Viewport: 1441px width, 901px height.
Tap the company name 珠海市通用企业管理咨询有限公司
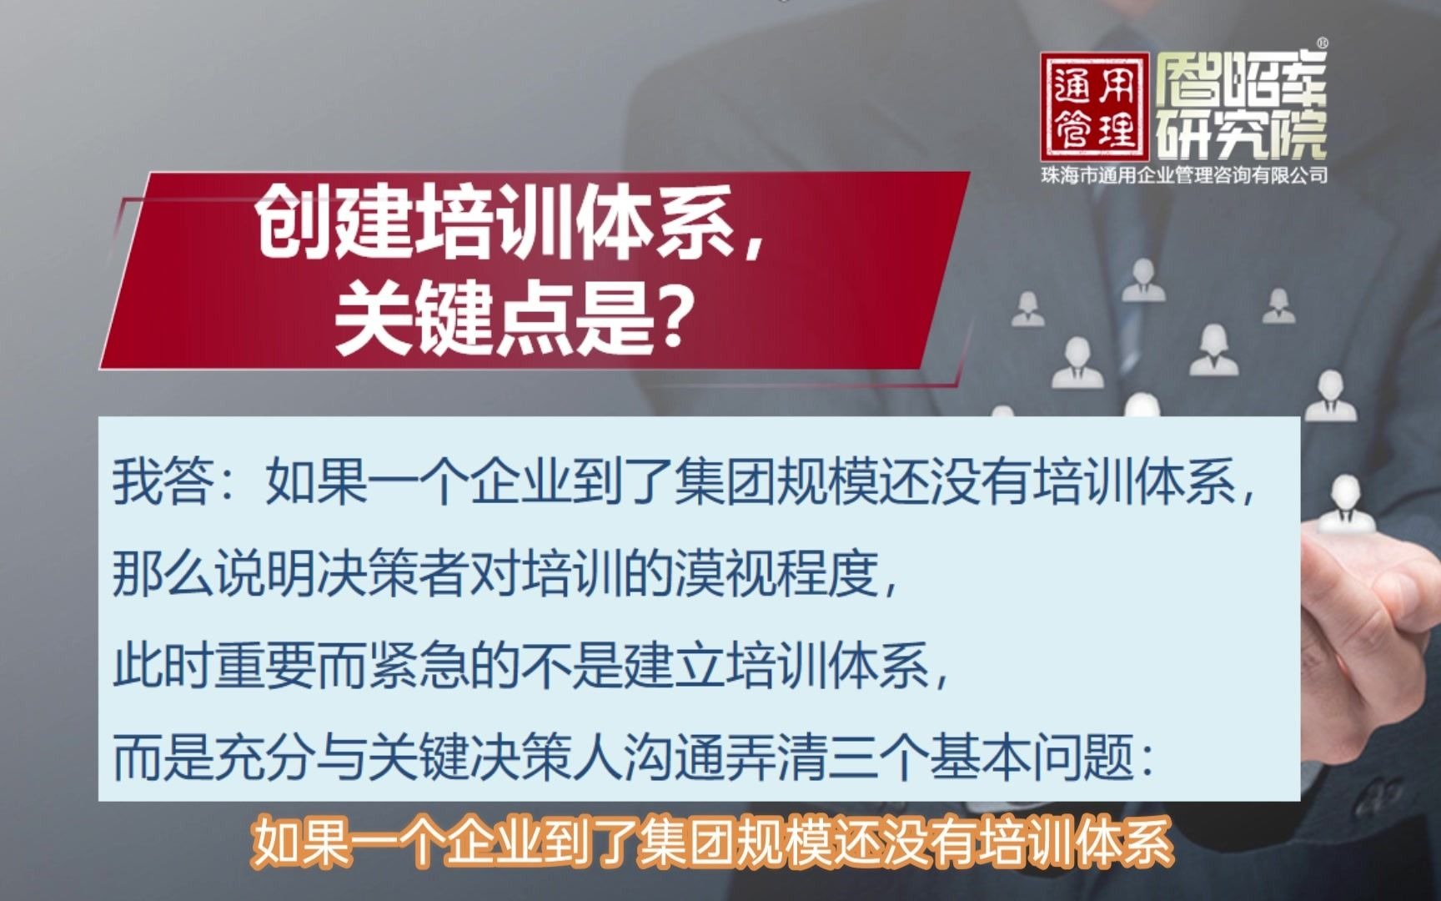pyautogui.click(x=1183, y=176)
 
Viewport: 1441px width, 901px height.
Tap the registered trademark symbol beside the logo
pyautogui.click(x=1322, y=43)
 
